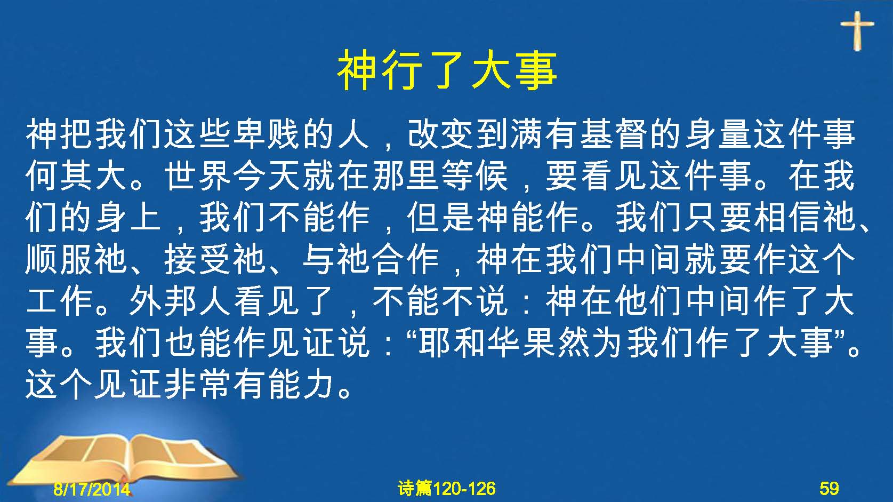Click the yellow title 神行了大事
coord(447,70)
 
